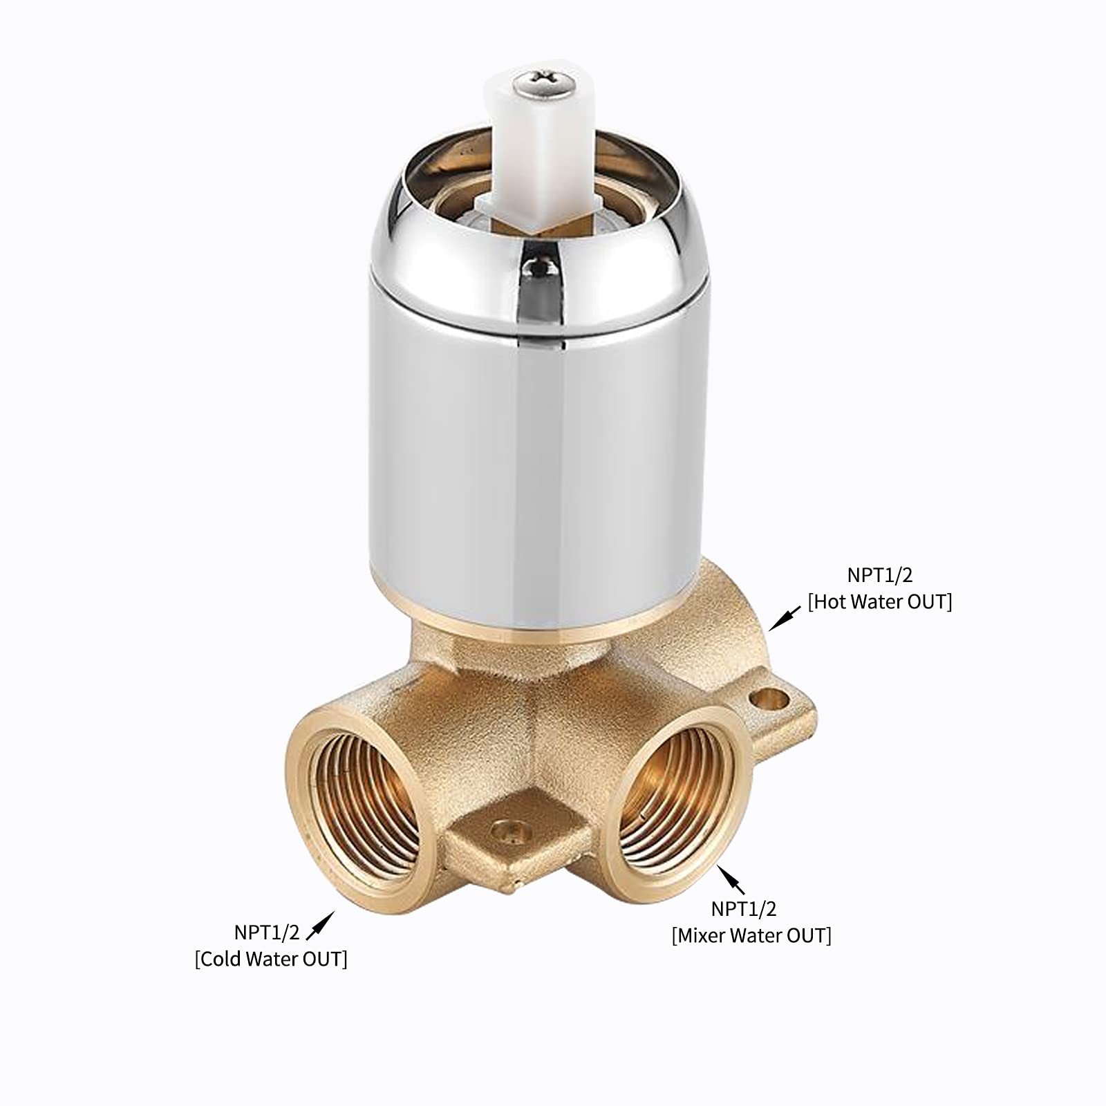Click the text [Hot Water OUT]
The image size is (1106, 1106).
tap(879, 602)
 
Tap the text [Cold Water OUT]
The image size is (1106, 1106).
tap(271, 959)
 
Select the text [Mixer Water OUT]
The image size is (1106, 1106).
tap(751, 935)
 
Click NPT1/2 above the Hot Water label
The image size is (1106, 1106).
tap(879, 575)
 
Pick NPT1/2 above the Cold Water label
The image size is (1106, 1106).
tap(267, 932)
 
